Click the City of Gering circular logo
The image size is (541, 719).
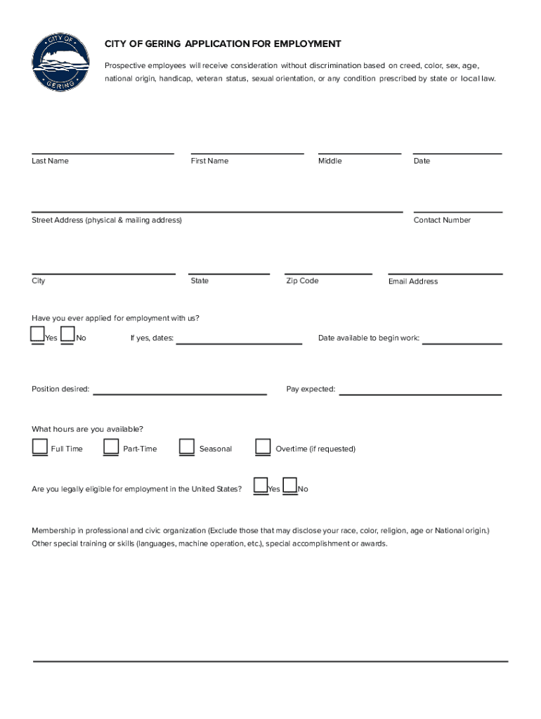point(61,62)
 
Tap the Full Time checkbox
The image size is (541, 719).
point(39,447)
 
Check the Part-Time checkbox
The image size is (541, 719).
point(111,447)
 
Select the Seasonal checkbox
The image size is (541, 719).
point(187,447)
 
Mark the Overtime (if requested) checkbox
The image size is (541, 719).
point(263,447)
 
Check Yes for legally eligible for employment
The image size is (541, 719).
point(261,486)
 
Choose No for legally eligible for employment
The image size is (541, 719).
point(289,486)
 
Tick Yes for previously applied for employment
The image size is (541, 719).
point(38,335)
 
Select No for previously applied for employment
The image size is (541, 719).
point(67,335)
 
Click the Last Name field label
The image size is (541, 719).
point(50,161)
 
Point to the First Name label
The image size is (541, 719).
point(209,161)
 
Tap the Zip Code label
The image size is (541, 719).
point(302,281)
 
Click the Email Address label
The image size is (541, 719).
point(413,282)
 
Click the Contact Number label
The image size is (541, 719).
point(442,220)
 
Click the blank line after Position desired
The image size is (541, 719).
point(180,392)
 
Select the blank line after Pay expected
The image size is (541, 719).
point(420,392)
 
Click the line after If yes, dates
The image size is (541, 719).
point(239,342)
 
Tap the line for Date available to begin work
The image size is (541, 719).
point(462,342)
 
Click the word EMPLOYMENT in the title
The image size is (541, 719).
point(308,44)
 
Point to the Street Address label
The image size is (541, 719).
point(107,220)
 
